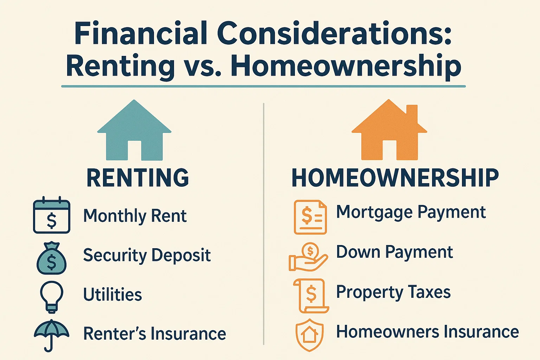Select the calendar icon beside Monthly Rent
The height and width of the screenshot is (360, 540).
pos(51,215)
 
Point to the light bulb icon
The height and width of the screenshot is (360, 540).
pos(52,296)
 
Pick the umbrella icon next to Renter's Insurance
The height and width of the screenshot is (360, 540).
pos(51,334)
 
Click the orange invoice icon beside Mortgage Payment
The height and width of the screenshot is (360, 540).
pos(310,217)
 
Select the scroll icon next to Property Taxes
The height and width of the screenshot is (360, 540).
pos(311,295)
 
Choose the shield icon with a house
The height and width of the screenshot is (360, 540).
pos(309,335)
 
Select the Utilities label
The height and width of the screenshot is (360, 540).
pos(112,295)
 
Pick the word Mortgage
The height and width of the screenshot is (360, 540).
pos(374,213)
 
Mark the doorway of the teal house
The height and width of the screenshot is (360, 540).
pos(134,150)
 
